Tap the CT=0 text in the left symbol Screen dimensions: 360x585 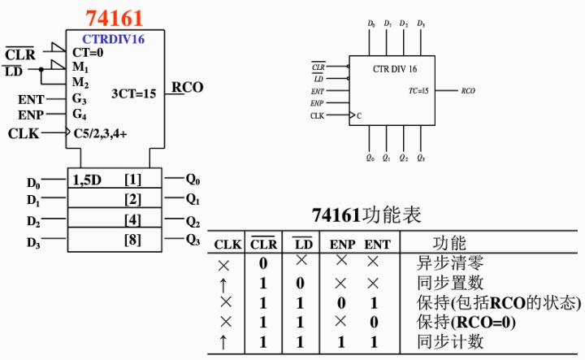click(x=88, y=52)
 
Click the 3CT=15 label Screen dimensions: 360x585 click(x=133, y=93)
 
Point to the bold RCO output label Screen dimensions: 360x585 click(x=187, y=88)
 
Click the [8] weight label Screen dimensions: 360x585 click(x=132, y=239)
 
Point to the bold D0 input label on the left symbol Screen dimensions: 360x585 click(x=33, y=182)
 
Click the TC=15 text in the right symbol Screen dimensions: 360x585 click(x=418, y=91)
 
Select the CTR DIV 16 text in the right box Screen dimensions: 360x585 click(x=394, y=69)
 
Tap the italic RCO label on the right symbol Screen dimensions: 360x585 click(x=468, y=91)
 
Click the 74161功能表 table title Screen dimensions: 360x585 click(x=366, y=215)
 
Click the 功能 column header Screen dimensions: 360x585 click(x=448, y=244)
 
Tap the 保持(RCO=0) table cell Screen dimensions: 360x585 click(x=459, y=322)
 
